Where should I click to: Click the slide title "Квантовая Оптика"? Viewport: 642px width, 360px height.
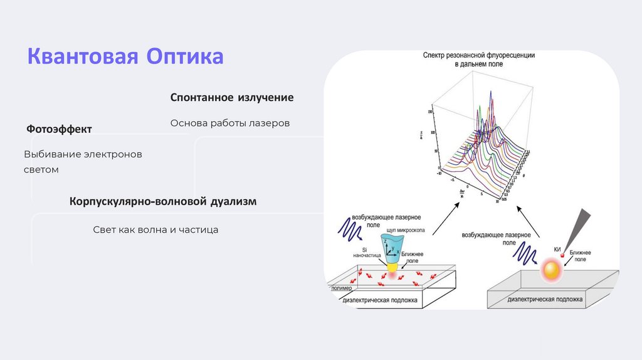coord(125,56)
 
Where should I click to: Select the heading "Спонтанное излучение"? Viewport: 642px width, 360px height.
coord(232,98)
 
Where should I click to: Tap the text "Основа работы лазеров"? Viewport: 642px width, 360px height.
coord(229,123)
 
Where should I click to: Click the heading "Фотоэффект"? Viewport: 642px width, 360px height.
coord(59,129)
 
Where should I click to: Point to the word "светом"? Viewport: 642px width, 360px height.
coord(41,169)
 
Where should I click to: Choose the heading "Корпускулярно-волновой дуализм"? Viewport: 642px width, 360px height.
coord(163,202)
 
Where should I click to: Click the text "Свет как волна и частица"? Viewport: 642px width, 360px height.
coord(155,230)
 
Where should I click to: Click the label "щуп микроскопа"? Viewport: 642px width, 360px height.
coord(406,230)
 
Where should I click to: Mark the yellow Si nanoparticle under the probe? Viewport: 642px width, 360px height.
coord(393,268)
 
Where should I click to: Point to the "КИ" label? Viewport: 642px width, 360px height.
coord(557,250)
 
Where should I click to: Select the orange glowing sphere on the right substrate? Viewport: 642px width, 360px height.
coord(552,270)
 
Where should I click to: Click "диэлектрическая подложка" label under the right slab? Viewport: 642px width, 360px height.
coord(545,300)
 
